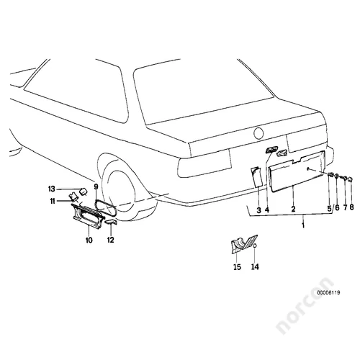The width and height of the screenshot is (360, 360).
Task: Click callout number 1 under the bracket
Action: [303, 225]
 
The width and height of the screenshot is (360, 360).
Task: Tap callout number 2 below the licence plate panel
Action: [293, 209]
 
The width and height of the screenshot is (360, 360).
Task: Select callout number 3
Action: [258, 210]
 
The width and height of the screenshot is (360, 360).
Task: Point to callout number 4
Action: [267, 210]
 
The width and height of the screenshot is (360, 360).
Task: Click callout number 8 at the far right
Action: [351, 207]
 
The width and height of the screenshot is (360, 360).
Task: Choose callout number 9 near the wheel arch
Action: [96, 186]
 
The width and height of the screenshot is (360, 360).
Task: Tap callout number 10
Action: [89, 240]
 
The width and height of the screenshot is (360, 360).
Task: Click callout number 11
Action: [53, 201]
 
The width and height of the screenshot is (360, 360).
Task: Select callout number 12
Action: [111, 240]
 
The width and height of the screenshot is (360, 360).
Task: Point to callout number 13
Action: [52, 189]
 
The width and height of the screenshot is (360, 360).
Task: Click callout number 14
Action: [255, 266]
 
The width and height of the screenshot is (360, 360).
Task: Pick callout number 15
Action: [237, 267]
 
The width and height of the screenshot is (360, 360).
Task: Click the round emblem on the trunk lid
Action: [258, 133]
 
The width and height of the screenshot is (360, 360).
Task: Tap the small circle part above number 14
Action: [256, 246]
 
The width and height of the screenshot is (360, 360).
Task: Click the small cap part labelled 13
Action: [84, 192]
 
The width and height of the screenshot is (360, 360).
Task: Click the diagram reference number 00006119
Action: [328, 292]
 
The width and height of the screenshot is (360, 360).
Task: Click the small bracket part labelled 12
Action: [111, 222]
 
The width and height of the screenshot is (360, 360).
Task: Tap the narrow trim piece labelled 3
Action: [256, 177]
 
